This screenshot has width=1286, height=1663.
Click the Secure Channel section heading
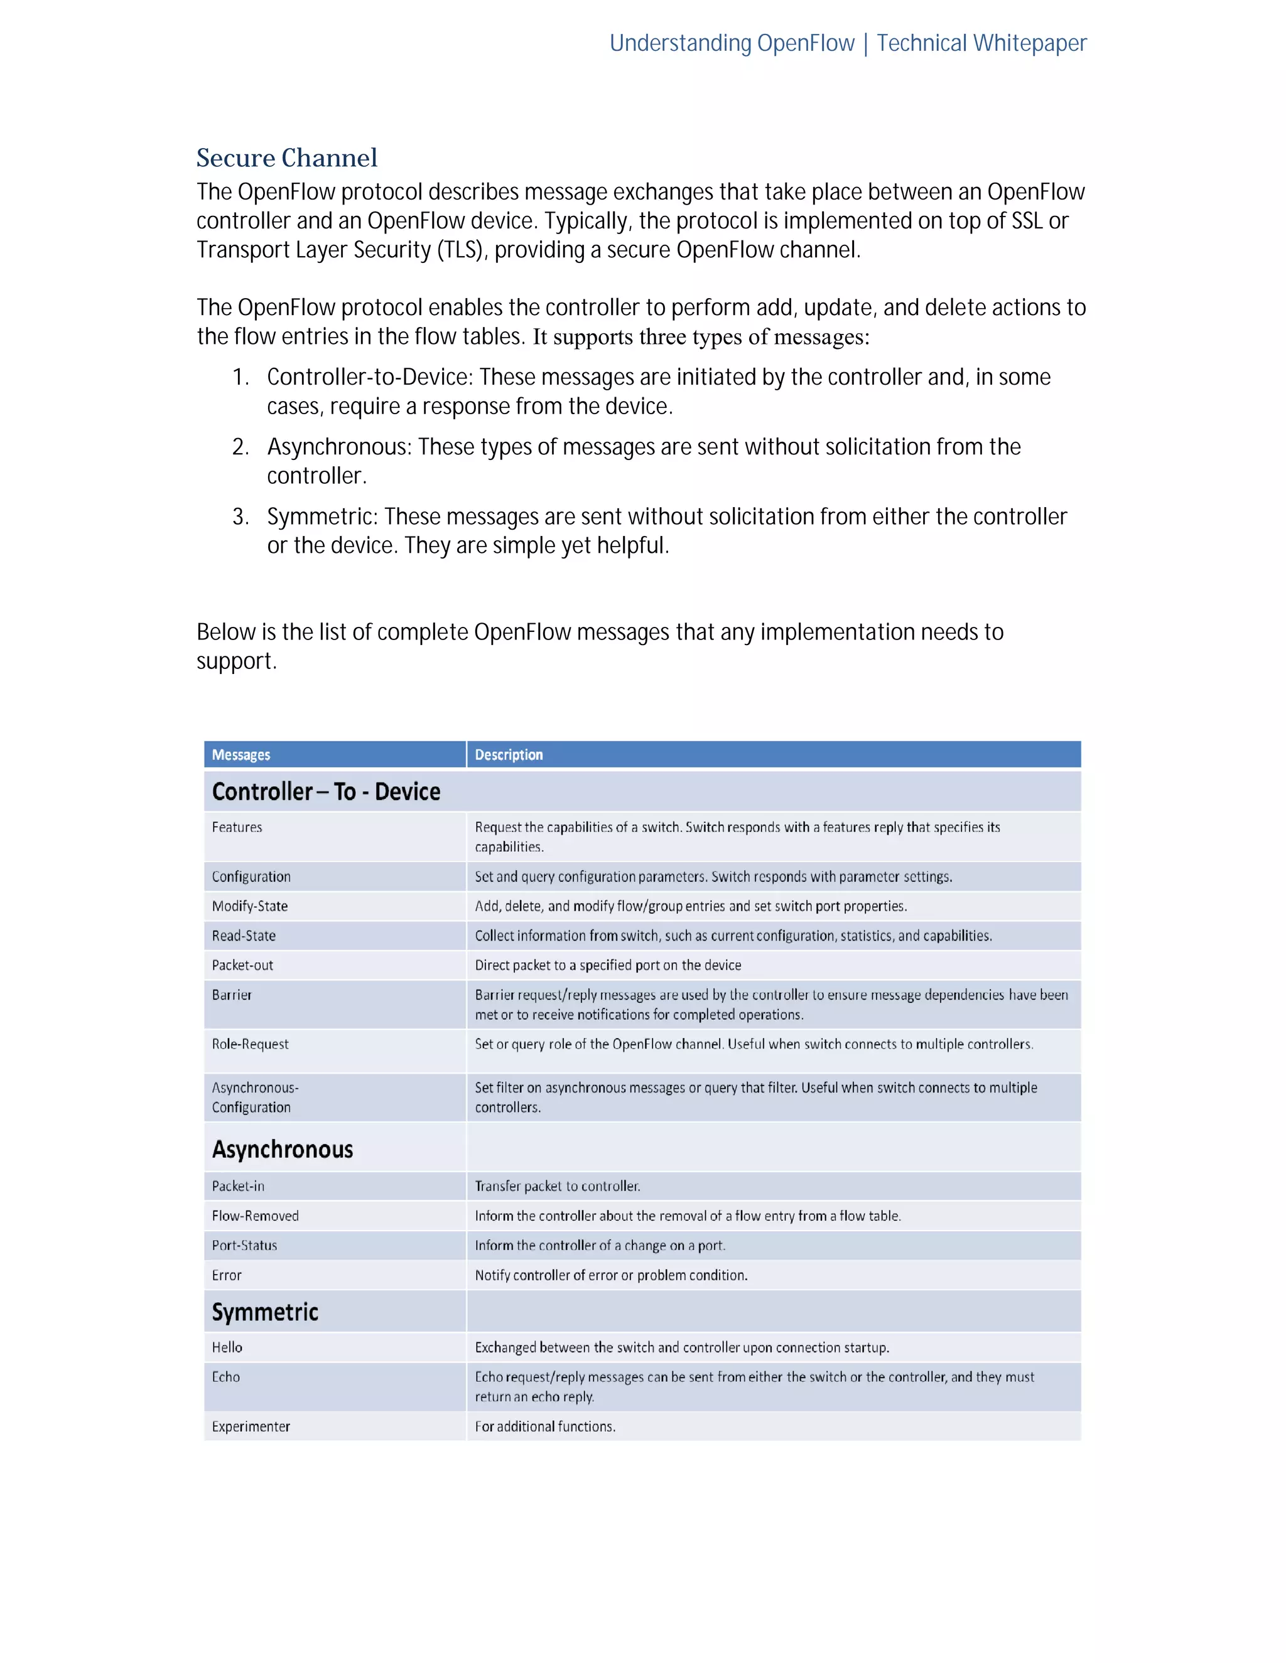tap(286, 158)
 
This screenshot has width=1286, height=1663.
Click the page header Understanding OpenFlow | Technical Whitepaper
tap(847, 43)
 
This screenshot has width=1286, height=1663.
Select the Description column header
tap(508, 754)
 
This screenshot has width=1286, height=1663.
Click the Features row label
tap(237, 827)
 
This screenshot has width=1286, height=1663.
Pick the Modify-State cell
tap(250, 906)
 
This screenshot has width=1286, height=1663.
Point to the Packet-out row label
tap(242, 965)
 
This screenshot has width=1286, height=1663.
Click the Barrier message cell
tap(232, 995)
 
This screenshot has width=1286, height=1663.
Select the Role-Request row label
tap(250, 1044)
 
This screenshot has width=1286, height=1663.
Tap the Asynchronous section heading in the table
tap(283, 1149)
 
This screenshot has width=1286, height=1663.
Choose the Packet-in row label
tap(239, 1185)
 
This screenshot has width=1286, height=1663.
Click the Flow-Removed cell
tap(255, 1216)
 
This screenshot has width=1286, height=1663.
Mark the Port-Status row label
tap(244, 1245)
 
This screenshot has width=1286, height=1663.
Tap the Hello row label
tap(227, 1347)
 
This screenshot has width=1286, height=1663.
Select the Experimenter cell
tap(251, 1426)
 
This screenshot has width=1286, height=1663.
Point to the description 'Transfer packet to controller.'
tap(557, 1185)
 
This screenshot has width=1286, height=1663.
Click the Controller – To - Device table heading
tap(326, 792)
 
